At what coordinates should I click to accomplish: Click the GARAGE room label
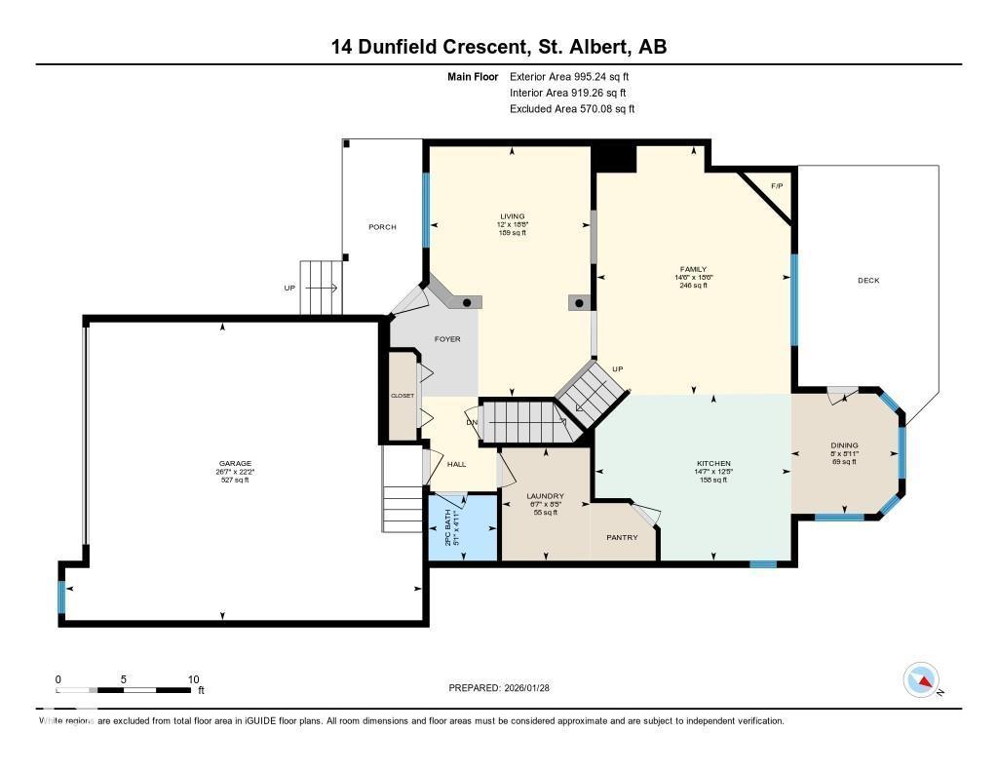pos(234,463)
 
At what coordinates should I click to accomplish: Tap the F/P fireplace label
pos(777,185)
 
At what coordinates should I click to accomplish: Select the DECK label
pos(868,281)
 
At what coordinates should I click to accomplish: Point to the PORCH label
pos(382,227)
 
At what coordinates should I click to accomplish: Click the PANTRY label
pos(622,537)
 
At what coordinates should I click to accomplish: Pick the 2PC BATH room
pos(464,527)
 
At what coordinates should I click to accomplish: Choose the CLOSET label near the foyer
pos(403,396)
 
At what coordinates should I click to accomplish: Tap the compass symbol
pos(921,679)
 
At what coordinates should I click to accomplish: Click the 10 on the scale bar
pos(193,679)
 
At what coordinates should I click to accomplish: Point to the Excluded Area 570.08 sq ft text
pos(572,109)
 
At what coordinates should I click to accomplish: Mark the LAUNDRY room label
pos(545,496)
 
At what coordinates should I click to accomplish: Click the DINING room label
pos(844,445)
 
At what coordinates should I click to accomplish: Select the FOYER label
pos(447,339)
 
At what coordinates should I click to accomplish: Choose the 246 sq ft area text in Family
pos(693,286)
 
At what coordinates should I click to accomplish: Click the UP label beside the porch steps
pos(288,288)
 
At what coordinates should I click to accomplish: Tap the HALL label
pos(456,465)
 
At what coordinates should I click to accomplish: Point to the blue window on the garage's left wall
pos(61,597)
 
